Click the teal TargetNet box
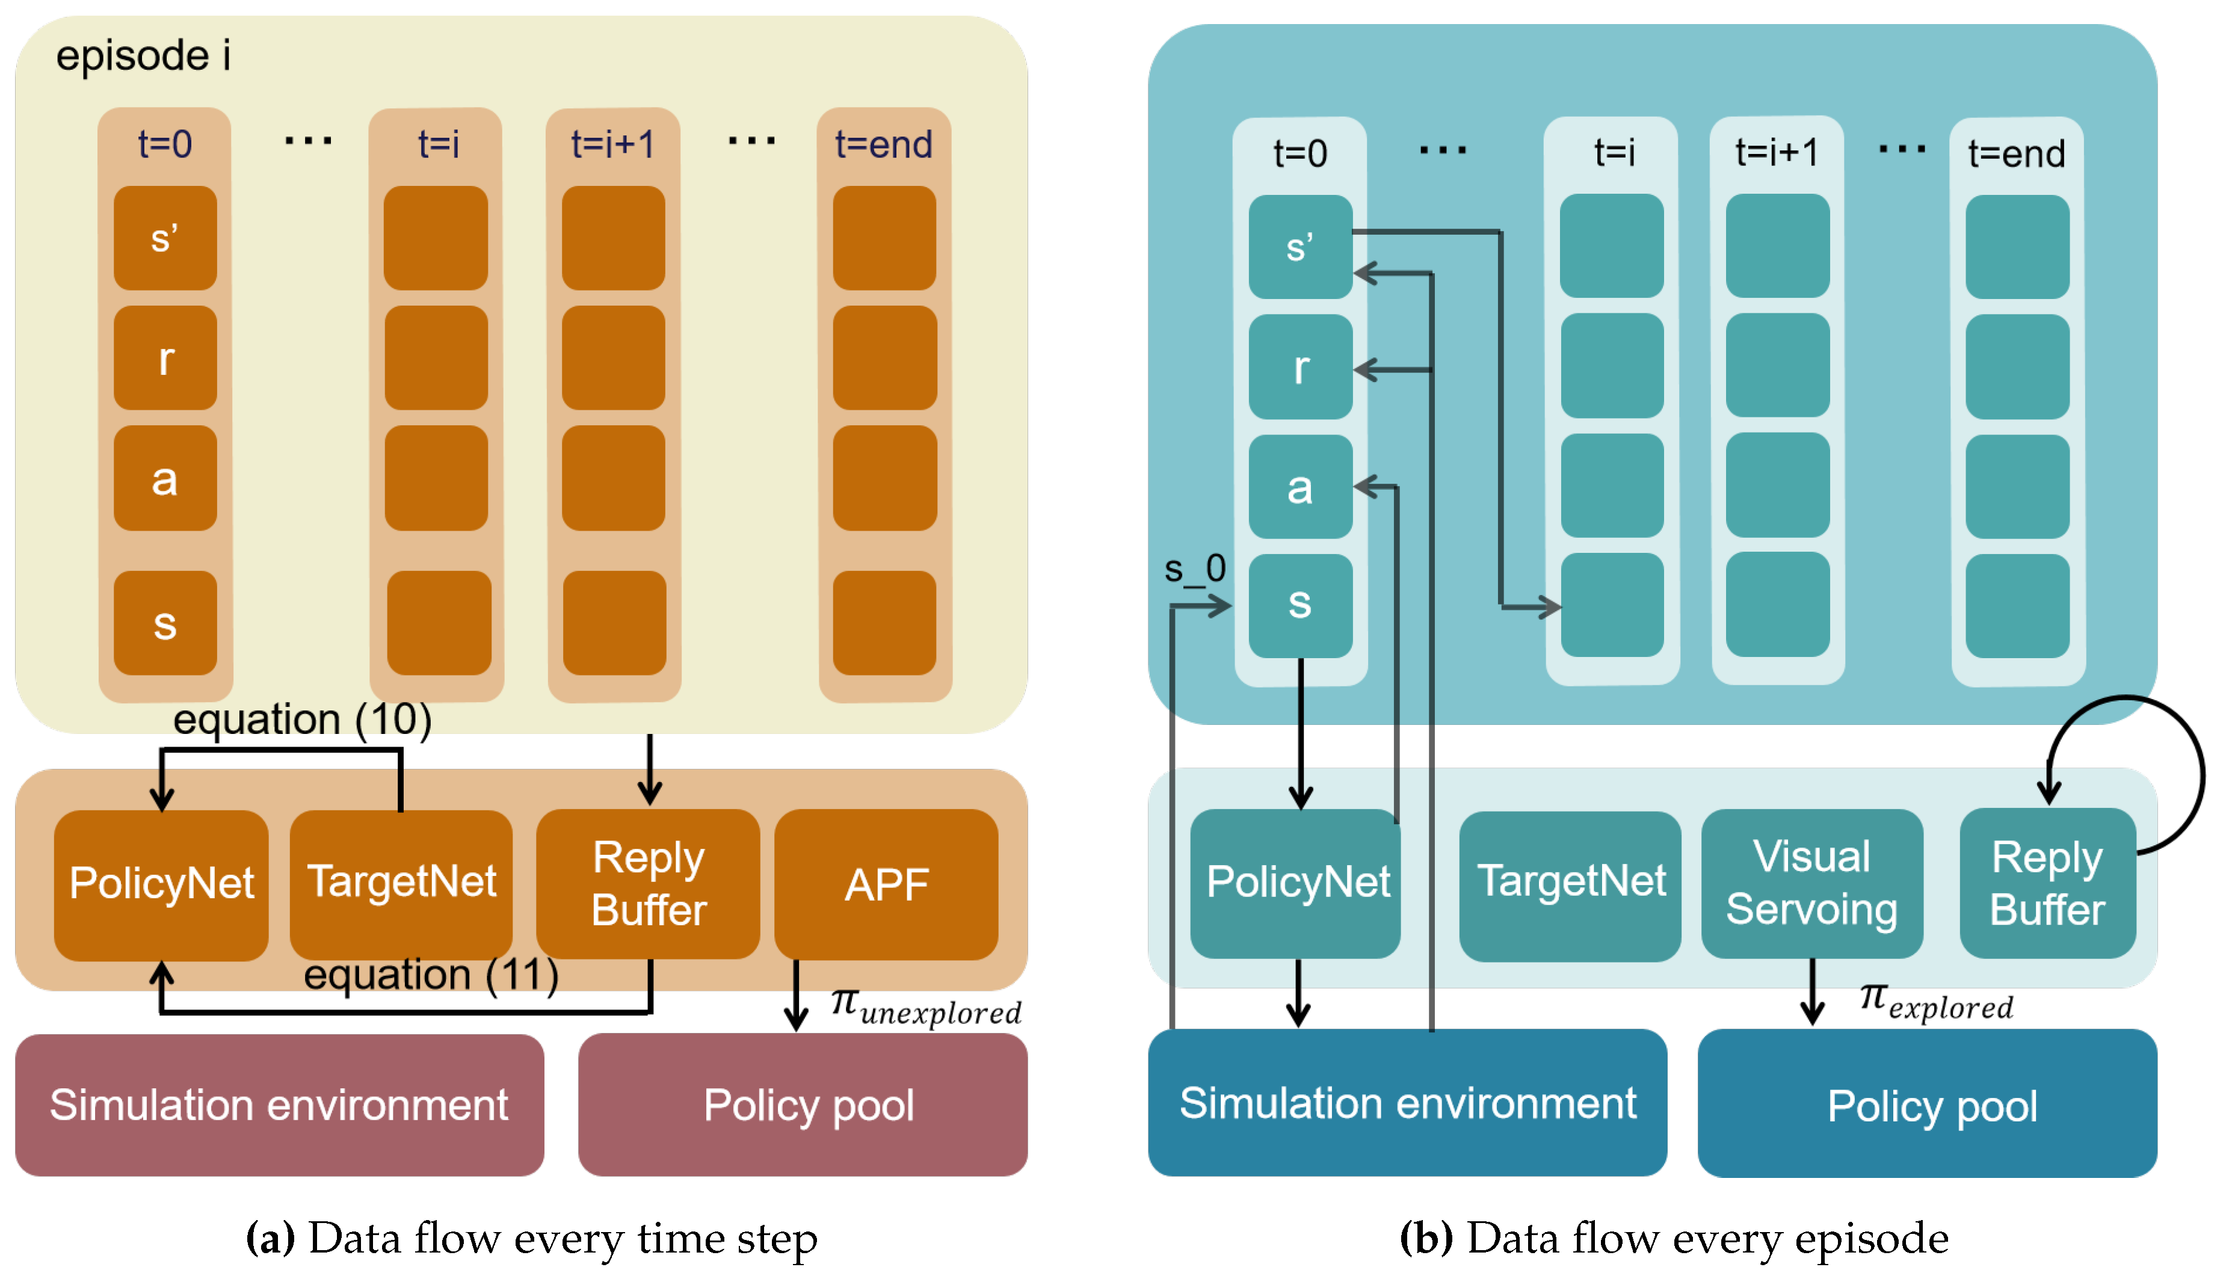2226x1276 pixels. pos(1570,883)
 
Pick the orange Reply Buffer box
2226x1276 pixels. pos(649,883)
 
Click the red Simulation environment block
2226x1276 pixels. pos(279,1104)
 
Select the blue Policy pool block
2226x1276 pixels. pos(1927,1104)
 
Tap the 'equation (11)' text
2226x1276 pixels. pos(430,975)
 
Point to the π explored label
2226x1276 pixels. pos(1936,1001)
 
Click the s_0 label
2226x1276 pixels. pos(1194,570)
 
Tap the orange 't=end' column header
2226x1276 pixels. pos(883,144)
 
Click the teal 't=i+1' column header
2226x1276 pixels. pos(1777,152)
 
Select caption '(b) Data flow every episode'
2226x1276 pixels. pos(1674,1238)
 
